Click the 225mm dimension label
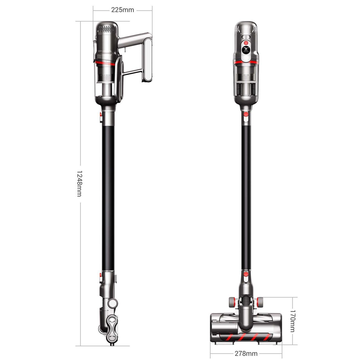tap(123, 10)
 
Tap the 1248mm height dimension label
tap(79, 183)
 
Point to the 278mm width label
tap(246, 348)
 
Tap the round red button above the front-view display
tap(246, 43)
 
